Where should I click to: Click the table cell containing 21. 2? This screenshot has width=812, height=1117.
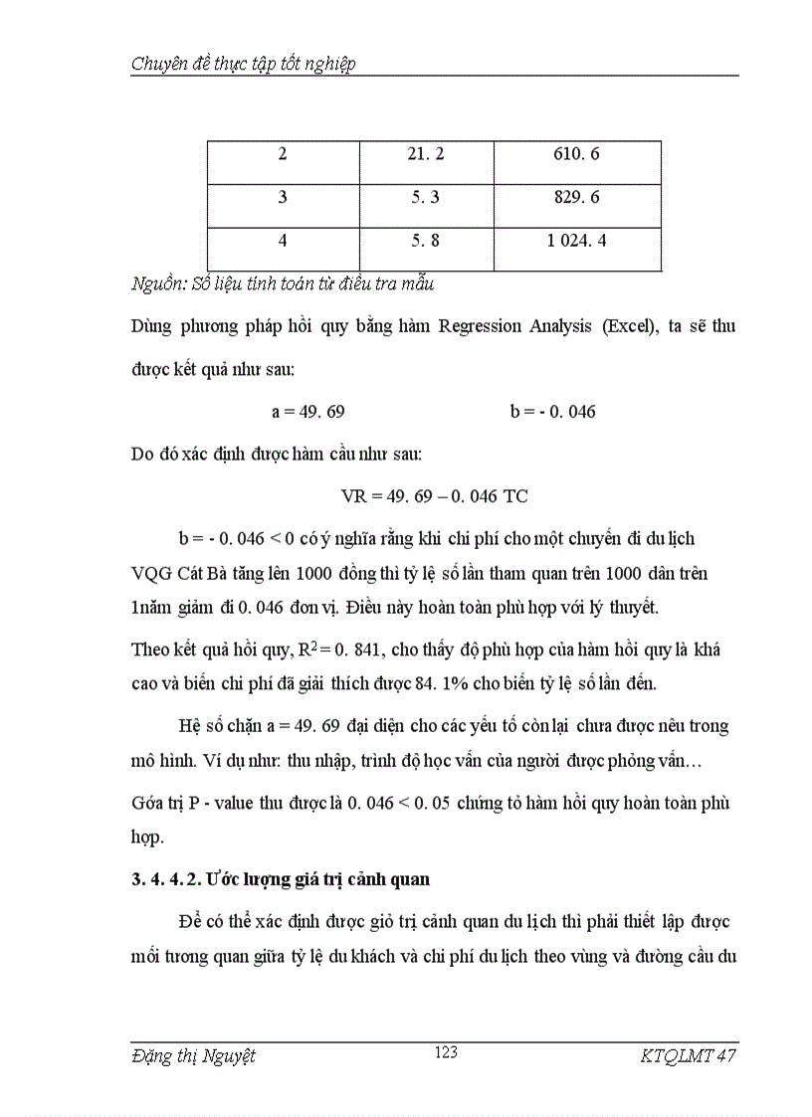pyautogui.click(x=426, y=154)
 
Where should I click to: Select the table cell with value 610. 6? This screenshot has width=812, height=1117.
pyautogui.click(x=577, y=154)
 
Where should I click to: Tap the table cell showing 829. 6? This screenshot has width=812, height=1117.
pyautogui.click(x=577, y=198)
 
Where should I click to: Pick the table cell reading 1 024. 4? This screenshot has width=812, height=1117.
pyautogui.click(x=577, y=241)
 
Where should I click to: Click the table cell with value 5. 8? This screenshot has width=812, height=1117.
pyautogui.click(x=426, y=241)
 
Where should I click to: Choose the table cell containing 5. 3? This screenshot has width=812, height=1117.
pyautogui.click(x=426, y=198)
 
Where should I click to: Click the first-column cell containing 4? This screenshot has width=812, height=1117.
pyautogui.click(x=283, y=241)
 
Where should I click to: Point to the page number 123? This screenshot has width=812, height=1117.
pyautogui.click(x=446, y=1052)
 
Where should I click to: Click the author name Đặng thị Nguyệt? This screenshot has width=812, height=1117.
pyautogui.click(x=193, y=1056)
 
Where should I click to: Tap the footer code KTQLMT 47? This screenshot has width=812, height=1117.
pyautogui.click(x=689, y=1056)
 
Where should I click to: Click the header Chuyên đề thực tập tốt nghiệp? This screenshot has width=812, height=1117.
pyautogui.click(x=244, y=64)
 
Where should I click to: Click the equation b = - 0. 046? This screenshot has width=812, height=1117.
pyautogui.click(x=553, y=411)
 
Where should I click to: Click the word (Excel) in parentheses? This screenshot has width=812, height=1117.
pyautogui.click(x=634, y=326)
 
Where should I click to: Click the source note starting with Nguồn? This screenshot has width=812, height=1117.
pyautogui.click(x=283, y=283)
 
